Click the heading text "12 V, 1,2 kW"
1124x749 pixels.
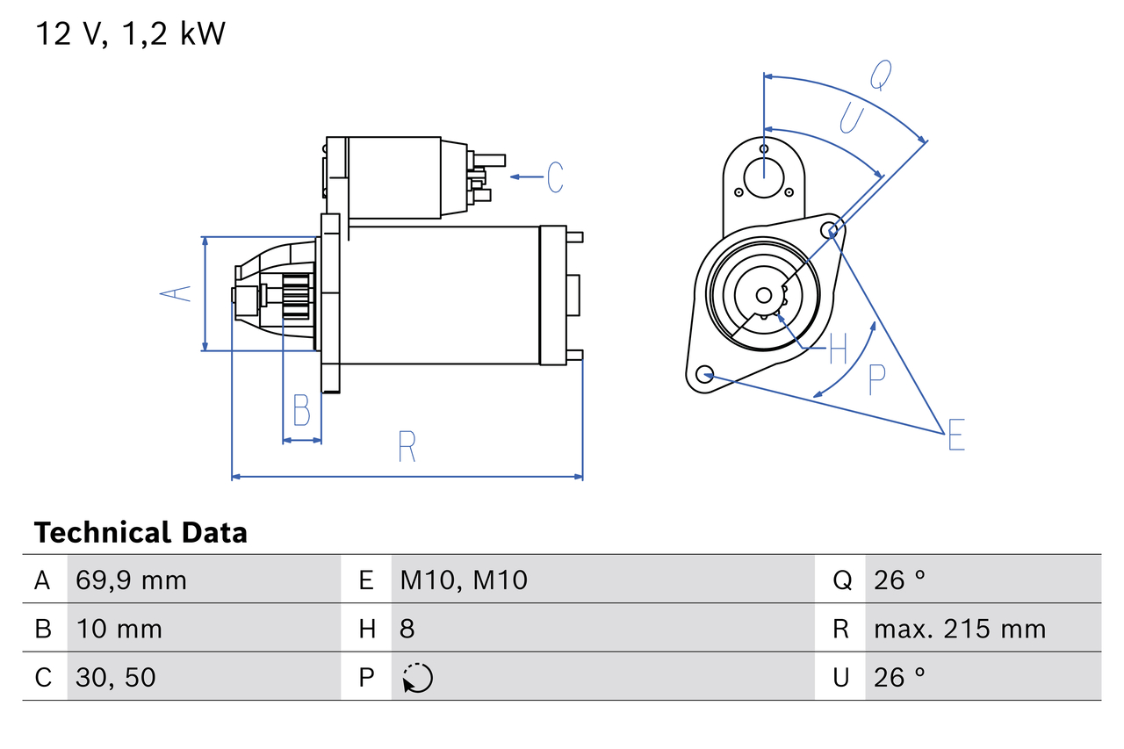[130, 33]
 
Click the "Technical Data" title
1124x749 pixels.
[140, 533]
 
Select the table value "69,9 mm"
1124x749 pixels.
[131, 580]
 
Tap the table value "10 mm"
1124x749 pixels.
[119, 629]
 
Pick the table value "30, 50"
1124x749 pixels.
[116, 677]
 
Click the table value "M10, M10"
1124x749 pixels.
[464, 580]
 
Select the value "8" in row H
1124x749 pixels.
[407, 629]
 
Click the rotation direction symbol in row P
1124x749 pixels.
[417, 678]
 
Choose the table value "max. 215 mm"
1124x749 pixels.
[960, 629]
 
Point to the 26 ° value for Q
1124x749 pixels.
[899, 580]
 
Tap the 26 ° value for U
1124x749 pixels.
[899, 677]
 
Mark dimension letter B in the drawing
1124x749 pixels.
[301, 410]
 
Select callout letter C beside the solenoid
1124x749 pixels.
[554, 176]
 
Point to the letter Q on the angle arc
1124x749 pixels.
[881, 76]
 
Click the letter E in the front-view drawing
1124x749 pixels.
[956, 436]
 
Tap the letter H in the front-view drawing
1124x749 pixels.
[838, 349]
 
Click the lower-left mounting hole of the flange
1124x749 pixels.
[703, 375]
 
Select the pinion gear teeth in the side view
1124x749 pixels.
[297, 297]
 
